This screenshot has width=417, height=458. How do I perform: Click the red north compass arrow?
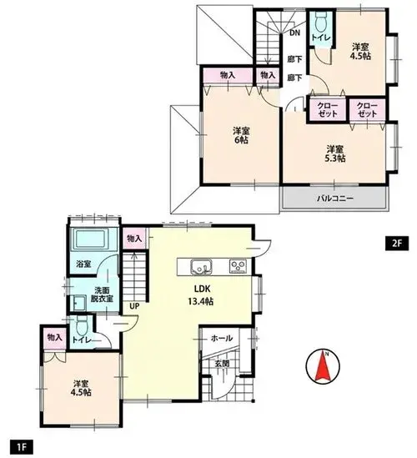[323, 366]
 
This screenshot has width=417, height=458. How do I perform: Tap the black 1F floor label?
[22, 447]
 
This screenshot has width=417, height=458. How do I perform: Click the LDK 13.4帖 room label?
[202, 295]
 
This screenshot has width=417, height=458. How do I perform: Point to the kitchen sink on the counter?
[202, 267]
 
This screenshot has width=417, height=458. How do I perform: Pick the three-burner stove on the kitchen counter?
[238, 266]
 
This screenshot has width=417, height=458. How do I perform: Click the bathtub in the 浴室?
[91, 239]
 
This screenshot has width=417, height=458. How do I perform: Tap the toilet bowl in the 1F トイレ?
[80, 325]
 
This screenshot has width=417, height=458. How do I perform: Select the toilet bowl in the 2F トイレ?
[320, 23]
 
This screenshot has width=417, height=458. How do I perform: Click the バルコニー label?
[335, 199]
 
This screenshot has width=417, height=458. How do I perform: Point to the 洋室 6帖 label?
[241, 135]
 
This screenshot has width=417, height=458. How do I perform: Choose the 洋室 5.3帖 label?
[335, 154]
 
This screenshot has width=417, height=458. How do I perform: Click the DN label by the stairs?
[294, 33]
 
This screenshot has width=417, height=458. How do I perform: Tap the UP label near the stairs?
[134, 306]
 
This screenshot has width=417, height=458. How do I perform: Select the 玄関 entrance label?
[222, 364]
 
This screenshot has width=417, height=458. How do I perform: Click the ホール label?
[222, 338]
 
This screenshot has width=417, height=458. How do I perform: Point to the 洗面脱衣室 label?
[102, 294]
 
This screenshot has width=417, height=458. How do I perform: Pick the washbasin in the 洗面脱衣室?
[78, 303]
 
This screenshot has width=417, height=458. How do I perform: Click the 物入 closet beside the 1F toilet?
[55, 338]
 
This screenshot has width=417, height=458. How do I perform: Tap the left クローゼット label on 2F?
[327, 110]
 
